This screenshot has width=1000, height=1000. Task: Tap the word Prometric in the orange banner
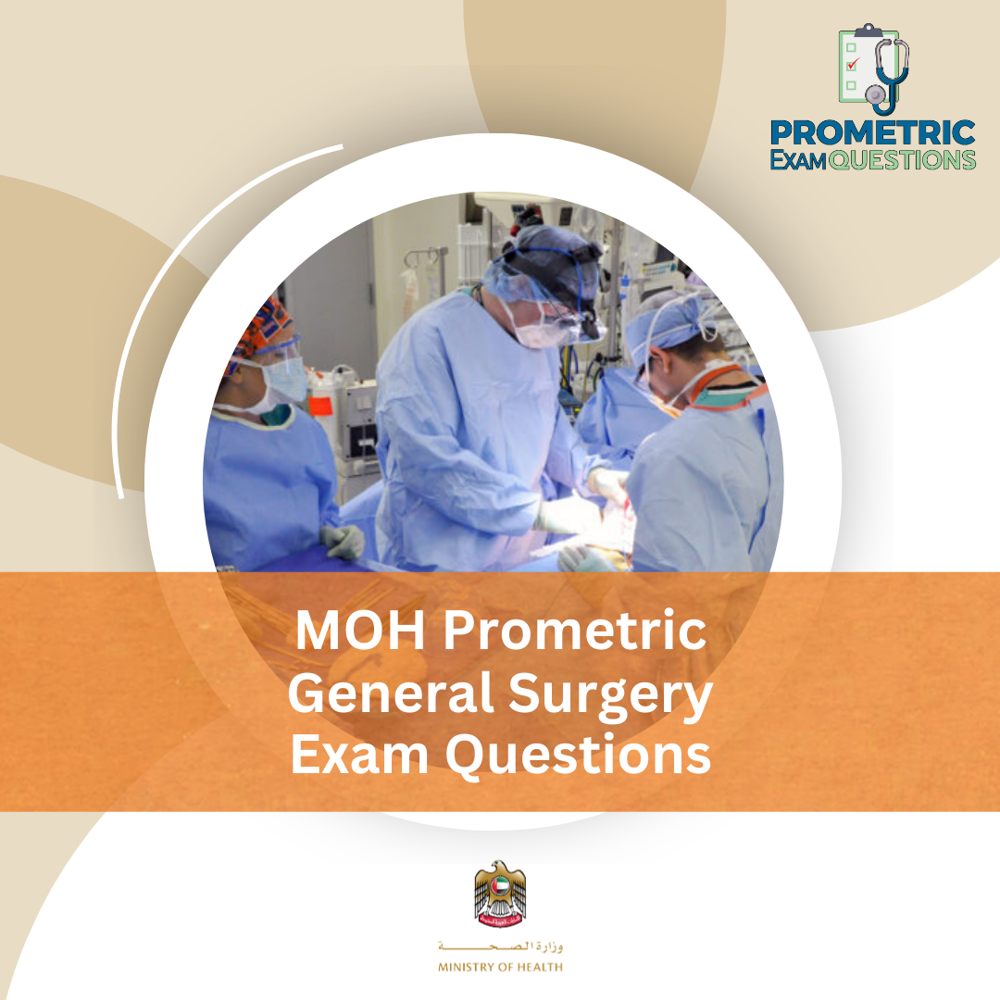pos(575,632)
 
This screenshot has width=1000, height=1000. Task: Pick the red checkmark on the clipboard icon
pos(854,64)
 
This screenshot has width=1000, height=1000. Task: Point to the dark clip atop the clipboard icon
pos(867,30)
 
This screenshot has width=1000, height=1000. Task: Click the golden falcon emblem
pos(500,894)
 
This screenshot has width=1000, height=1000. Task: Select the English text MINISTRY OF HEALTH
pos(500,968)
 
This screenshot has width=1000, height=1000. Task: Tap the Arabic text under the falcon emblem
pos(500,947)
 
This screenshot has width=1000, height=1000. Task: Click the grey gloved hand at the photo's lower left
pos(344,542)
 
